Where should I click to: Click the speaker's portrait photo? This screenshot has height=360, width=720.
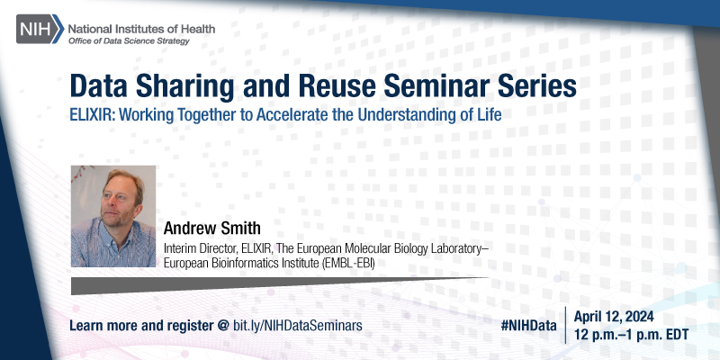113,215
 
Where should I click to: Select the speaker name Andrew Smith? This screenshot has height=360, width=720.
210,226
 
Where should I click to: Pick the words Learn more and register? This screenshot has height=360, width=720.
139,323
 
